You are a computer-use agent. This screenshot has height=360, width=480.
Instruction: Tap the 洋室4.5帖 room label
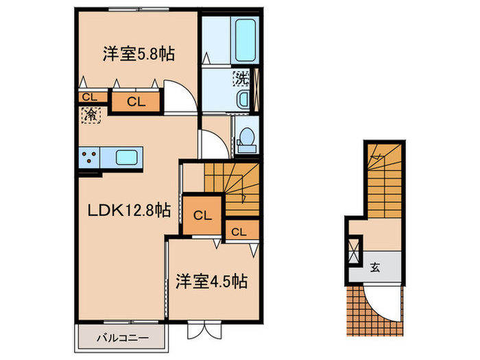(x=210, y=280)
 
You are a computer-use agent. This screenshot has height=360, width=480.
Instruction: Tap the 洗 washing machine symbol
(x=241, y=78)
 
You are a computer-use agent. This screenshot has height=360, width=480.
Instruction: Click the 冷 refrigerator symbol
(x=91, y=115)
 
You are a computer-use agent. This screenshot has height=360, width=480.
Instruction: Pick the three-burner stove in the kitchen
(x=89, y=158)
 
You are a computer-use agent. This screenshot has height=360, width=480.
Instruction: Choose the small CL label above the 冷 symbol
(x=89, y=97)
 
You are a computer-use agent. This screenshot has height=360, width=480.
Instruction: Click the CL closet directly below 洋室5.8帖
(x=136, y=103)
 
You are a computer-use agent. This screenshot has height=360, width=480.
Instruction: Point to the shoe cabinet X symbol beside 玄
(x=355, y=250)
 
